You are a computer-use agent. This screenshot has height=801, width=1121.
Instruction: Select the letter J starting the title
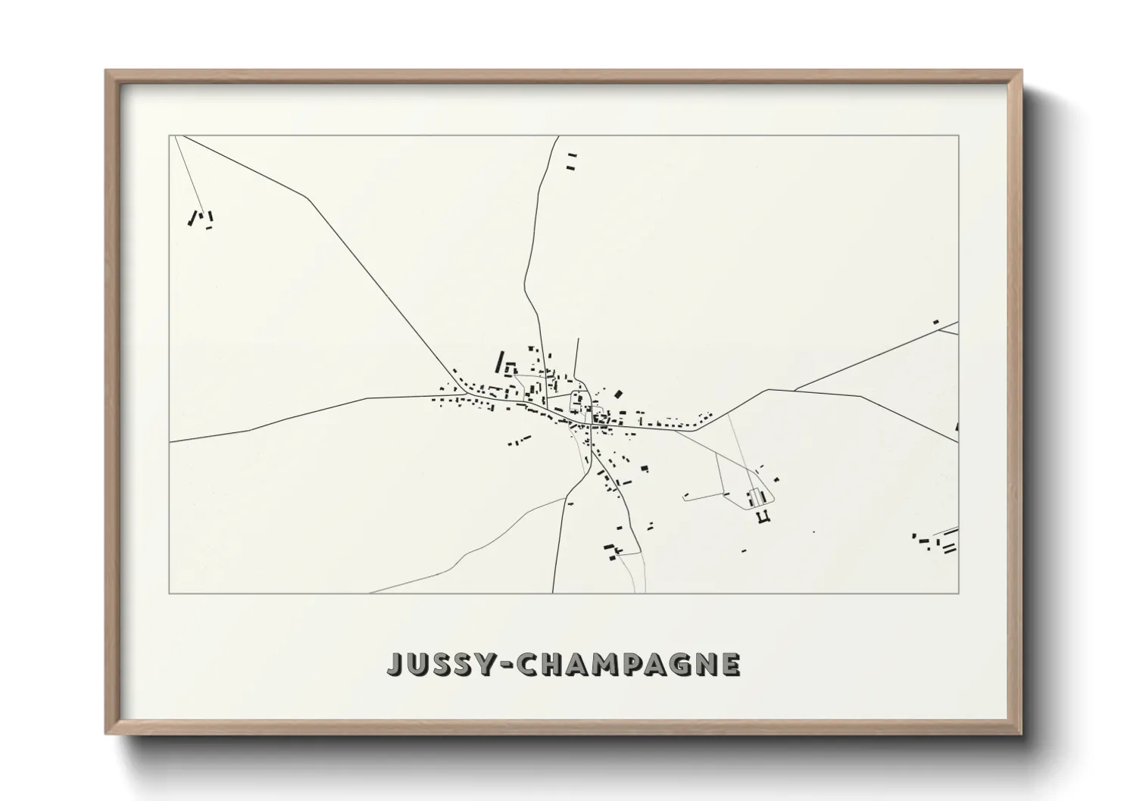pyautogui.click(x=395, y=664)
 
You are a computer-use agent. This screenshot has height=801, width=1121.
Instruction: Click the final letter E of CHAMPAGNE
pyautogui.click(x=730, y=664)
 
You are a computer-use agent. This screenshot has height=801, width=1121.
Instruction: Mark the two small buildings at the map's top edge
pyautogui.click(x=571, y=161)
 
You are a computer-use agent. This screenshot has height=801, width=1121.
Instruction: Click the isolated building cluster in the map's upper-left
pyautogui.click(x=201, y=219)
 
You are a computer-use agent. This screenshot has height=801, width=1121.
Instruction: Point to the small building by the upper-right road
pyautogui.click(x=935, y=323)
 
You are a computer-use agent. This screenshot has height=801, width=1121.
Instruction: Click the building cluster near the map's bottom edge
pyautogui.click(x=613, y=551)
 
